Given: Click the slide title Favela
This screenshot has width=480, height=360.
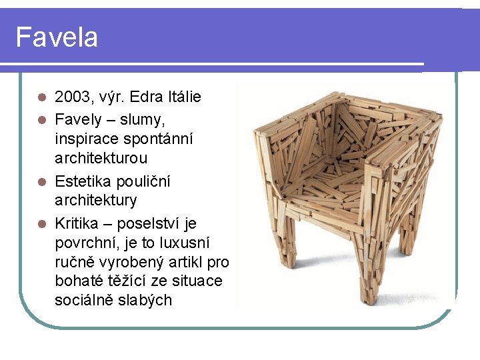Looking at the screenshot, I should (x=57, y=37).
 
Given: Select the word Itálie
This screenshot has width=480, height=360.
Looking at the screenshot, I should (x=183, y=97).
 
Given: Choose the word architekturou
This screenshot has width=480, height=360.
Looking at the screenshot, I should (x=101, y=159).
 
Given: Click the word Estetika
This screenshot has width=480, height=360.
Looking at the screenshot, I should (x=83, y=181).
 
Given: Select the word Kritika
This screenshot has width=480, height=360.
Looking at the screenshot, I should (x=79, y=222).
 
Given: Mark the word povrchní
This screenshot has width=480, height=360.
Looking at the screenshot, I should (x=86, y=242).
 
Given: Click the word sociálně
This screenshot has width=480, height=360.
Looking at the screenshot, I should (x=83, y=300).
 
